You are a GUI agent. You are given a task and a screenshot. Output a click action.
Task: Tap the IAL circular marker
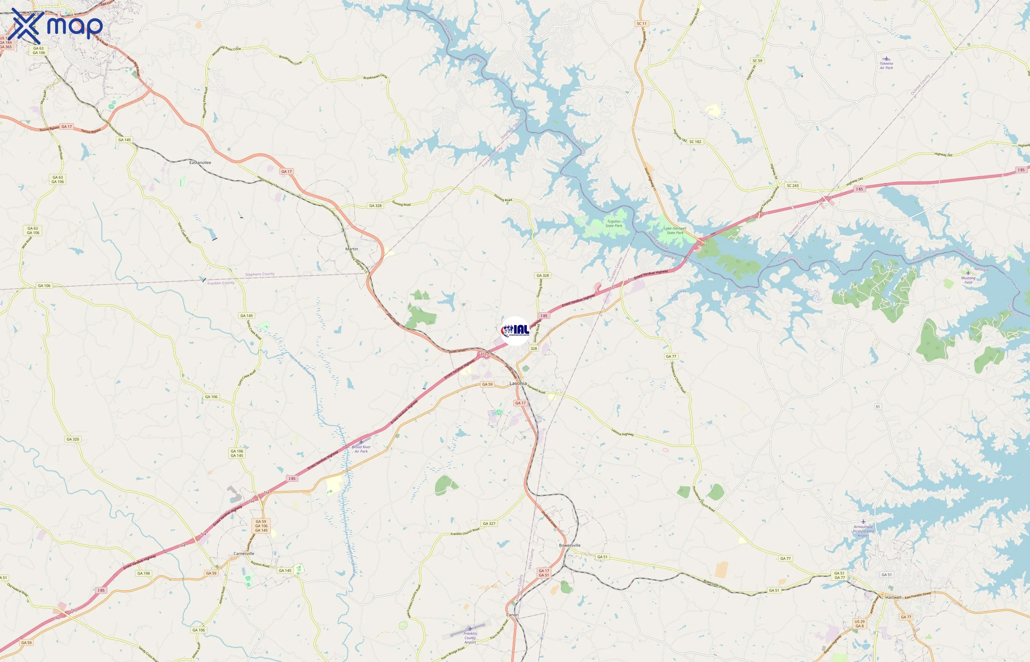pos(515,331)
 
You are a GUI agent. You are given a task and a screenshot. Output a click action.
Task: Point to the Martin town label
pos(351,249)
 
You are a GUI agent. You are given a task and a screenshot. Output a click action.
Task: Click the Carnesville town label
pos(244,554)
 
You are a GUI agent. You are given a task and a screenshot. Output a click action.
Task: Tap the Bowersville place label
pos(569,545)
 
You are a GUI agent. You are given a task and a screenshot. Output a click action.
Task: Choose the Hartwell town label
pos(893,598)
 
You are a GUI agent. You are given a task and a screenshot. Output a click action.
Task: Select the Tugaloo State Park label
pos(614,224)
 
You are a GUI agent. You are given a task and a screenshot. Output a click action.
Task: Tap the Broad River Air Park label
pos(361,449)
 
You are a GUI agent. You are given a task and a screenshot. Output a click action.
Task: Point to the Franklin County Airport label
pos(470,637)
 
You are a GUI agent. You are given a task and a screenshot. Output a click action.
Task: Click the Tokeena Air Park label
pos(886,65)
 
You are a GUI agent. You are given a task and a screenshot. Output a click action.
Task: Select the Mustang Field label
pos(968,280)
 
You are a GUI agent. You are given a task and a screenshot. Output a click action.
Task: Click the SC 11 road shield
pos(642,24)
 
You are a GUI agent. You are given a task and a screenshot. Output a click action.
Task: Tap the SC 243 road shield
pos(792,186)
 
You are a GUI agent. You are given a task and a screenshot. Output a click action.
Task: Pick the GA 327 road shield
pos(489,524)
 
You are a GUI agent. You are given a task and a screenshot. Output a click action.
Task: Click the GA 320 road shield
pos(72,439)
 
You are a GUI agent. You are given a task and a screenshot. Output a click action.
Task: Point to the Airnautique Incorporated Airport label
pos(863,531)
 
